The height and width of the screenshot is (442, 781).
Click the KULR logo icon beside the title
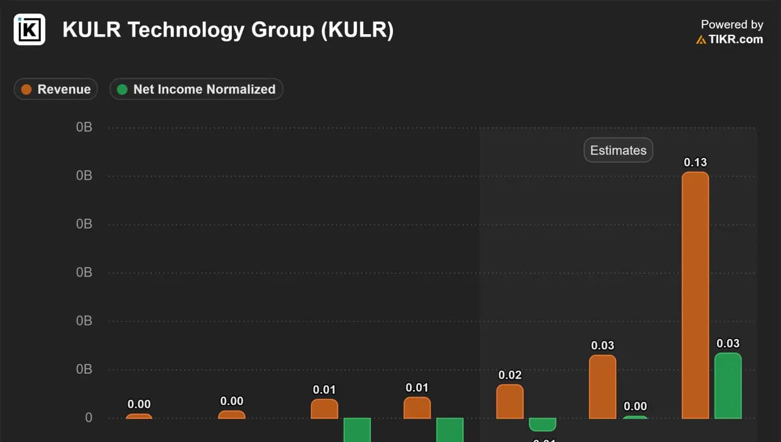[x=29, y=29]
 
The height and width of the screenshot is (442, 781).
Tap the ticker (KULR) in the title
[x=357, y=30]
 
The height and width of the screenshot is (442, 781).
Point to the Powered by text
[x=732, y=24]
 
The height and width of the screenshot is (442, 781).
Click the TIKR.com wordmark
[x=735, y=39]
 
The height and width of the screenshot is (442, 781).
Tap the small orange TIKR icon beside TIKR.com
[x=701, y=40]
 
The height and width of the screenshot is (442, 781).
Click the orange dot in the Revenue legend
[x=26, y=89]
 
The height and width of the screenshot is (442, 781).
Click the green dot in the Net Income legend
[x=122, y=89]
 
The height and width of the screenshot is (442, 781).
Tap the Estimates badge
[x=618, y=151]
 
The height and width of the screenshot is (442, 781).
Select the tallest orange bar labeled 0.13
[x=695, y=295]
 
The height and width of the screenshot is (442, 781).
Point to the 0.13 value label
[x=695, y=162]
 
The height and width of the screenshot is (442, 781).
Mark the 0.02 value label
[x=510, y=375]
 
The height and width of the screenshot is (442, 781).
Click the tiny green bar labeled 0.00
[x=635, y=417]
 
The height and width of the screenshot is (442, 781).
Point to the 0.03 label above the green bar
[x=728, y=343]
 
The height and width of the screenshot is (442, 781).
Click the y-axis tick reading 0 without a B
[x=88, y=418]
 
